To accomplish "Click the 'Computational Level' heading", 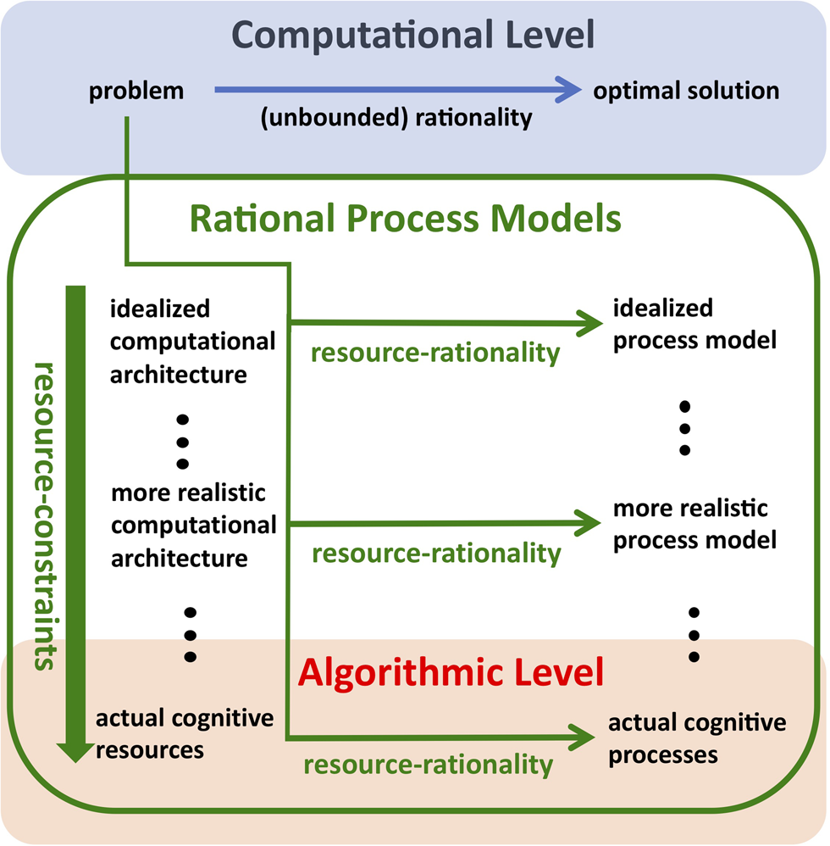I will coord(413,36).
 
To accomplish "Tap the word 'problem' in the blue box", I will coord(136,91).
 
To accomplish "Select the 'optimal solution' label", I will coord(685,90).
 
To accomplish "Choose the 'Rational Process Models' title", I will coord(405,219).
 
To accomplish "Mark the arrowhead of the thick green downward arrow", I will coord(76,748).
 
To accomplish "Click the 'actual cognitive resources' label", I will coord(184,734).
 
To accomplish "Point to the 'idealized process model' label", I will coord(694,325).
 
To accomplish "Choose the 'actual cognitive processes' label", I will coord(697,738).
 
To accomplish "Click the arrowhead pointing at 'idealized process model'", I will coord(585,322).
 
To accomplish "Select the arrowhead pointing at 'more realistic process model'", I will coord(585,524).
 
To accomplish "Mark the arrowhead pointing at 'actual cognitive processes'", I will coord(583,736).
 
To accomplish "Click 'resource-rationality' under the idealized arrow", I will coord(435,353).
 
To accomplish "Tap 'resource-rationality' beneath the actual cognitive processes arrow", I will coord(428,765).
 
